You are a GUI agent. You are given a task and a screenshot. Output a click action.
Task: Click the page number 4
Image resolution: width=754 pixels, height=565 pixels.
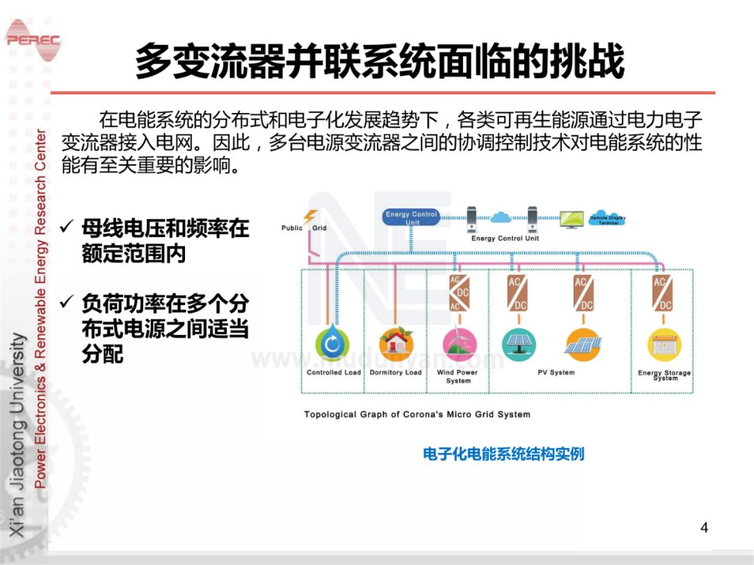pos(704,527)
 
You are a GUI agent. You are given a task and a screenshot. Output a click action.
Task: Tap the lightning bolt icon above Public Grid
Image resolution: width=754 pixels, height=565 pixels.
pos(310,217)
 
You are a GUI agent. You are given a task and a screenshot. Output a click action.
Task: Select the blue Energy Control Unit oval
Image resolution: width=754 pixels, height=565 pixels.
pos(411,218)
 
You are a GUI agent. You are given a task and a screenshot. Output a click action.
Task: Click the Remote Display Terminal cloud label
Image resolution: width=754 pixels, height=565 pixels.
pos(607,218)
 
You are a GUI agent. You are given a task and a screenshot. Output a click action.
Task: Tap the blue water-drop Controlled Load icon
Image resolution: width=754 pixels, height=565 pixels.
pos(333,344)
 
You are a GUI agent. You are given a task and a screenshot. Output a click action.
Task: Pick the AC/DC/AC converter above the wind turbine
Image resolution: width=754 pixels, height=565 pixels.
pos(459,294)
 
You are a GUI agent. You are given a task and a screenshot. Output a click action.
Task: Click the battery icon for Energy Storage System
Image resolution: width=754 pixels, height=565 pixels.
pos(663,345)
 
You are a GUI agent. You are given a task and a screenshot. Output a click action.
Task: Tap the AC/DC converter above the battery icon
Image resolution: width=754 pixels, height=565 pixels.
pos(662,294)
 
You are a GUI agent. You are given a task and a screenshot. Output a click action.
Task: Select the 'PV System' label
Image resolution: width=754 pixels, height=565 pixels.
pos(556,372)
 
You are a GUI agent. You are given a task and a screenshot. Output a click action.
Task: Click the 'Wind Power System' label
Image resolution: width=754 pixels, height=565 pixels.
pos(458,377)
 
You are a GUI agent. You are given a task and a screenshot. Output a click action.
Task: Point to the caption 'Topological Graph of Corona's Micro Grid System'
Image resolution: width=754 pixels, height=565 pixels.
pos(417,414)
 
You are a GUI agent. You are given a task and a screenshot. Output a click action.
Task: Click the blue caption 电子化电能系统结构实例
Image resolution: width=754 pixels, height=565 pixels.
pos(503,454)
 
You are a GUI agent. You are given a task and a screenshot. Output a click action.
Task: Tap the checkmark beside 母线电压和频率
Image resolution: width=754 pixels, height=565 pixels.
pos(68,227)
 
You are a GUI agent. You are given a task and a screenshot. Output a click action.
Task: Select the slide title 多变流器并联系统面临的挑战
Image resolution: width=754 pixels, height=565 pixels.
pos(379,61)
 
